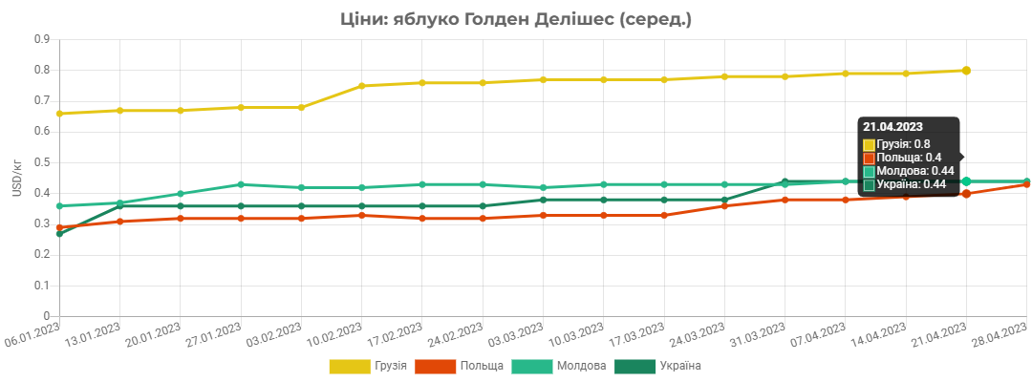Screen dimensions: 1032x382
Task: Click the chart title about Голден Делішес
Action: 516,20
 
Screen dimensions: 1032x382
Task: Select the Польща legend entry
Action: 460,366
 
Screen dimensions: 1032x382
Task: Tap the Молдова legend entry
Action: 559,366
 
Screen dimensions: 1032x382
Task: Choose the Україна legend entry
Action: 657,366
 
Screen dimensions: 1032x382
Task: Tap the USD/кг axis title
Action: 17,178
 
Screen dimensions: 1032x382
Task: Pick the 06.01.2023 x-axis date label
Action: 32,335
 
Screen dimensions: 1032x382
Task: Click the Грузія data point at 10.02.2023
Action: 361,86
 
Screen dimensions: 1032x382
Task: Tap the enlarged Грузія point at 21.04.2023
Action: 966,71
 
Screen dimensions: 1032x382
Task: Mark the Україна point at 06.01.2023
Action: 59,233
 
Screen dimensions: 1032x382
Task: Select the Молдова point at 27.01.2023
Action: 241,184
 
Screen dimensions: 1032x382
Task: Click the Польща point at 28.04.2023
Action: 1026,184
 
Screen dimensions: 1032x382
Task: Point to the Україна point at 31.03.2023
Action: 785,181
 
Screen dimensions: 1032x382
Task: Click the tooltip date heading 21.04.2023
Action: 893,127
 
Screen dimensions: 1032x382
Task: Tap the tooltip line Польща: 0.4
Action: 900,158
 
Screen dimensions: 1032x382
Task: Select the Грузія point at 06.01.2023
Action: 59,114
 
